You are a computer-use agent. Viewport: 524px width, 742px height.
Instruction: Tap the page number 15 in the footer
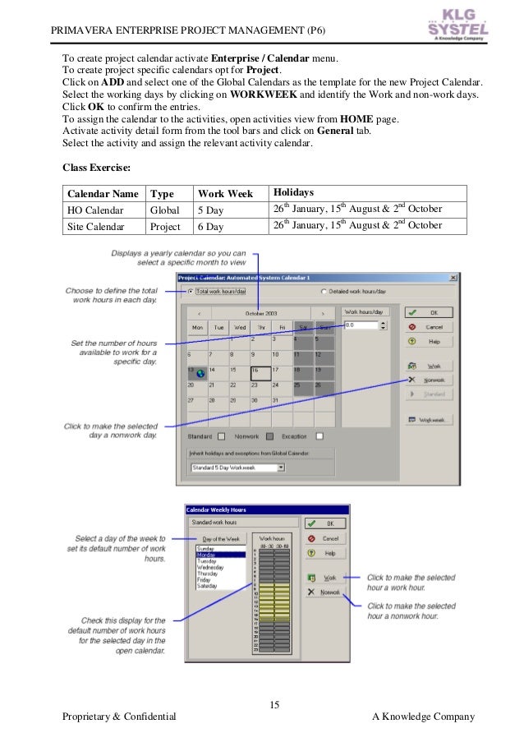coord(274,705)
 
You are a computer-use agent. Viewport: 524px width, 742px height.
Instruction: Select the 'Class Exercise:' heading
coord(97,167)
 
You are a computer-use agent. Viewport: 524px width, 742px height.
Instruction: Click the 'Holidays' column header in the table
coord(293,192)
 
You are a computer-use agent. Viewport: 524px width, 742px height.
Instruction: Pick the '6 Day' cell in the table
coord(210,225)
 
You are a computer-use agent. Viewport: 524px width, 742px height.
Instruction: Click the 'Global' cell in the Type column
coord(164,210)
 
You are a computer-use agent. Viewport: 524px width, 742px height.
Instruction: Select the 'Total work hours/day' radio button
coord(191,291)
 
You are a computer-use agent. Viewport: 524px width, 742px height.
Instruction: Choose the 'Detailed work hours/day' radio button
coord(324,291)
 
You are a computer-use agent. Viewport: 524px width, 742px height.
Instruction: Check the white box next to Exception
coord(319,436)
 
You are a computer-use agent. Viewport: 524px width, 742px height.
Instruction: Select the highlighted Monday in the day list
coord(220,555)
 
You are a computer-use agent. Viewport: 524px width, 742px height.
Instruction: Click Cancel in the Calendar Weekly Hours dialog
coord(324,538)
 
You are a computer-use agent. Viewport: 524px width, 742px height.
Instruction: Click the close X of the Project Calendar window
coord(453,278)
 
